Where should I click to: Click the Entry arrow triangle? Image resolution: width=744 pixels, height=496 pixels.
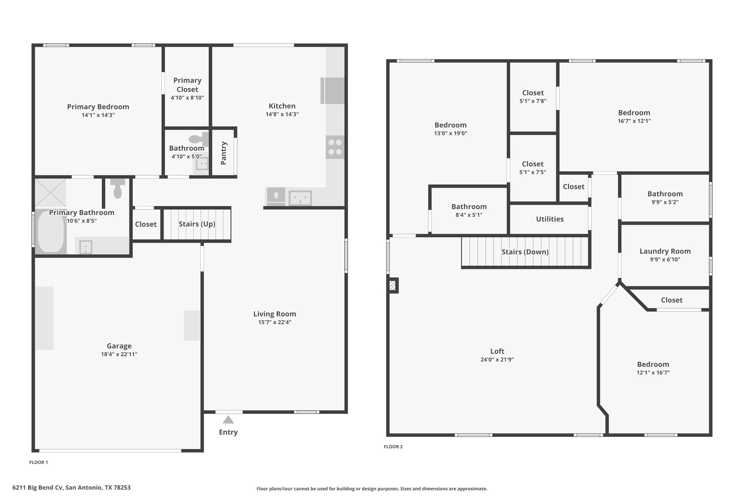228,420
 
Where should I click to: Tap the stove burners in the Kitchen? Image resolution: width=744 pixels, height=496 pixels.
335,147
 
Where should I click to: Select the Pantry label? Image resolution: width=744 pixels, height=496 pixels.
223,153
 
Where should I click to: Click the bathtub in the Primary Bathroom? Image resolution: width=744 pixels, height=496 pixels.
51,231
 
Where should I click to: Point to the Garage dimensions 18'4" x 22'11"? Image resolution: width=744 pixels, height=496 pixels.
119,354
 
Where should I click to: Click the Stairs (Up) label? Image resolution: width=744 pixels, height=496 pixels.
197,224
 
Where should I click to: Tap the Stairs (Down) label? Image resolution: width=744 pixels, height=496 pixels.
525,252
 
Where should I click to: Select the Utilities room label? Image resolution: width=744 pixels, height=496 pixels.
550,219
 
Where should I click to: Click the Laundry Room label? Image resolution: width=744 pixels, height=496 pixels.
665,251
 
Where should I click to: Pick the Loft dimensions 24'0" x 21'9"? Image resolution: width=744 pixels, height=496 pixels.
497,360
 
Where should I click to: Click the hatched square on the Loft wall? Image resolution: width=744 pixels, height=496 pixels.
393,285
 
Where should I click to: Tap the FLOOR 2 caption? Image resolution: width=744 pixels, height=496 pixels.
393,447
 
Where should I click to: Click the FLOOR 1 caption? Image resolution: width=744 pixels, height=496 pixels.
39,462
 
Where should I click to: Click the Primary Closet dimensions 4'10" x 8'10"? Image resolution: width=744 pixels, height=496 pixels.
187,98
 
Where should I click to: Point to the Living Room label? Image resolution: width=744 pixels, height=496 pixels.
275,314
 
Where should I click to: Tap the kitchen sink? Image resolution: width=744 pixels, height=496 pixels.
300,198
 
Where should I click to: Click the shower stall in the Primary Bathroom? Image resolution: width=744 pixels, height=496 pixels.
50,193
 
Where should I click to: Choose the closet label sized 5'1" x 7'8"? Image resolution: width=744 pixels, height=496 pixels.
533,93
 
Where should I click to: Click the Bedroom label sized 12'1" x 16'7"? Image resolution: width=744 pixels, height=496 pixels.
653,364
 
